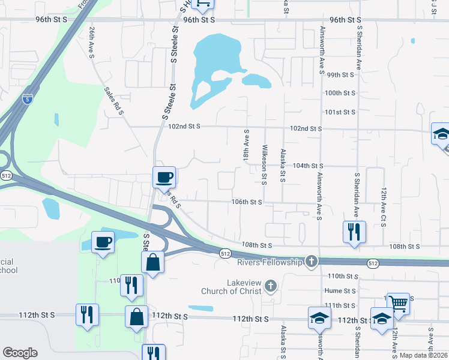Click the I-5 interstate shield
[x=28, y=100]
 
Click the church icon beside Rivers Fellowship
[x=311, y=261]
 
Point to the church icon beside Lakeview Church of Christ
[x=271, y=286]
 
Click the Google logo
[x=20, y=353]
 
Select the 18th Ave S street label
[x=246, y=144]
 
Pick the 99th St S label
[x=340, y=75]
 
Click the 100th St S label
[x=340, y=94]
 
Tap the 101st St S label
[x=340, y=112]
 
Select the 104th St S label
[x=308, y=166]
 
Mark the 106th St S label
[x=247, y=202]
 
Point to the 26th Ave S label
[x=91, y=42]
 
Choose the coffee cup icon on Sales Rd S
[x=164, y=176]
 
